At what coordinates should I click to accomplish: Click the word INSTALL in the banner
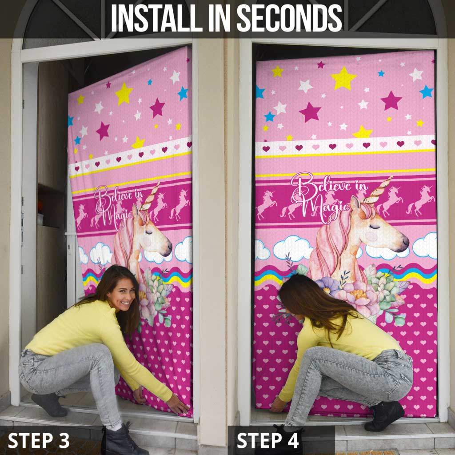pyautogui.click(x=157, y=18)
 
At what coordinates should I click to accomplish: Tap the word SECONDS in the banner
pyautogui.click(x=289, y=18)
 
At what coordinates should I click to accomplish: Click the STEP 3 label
pyautogui.click(x=39, y=440)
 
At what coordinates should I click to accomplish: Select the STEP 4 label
pyautogui.click(x=267, y=440)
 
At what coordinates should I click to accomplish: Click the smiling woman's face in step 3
pyautogui.click(x=124, y=294)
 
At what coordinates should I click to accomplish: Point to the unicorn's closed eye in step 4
pyautogui.click(x=375, y=226)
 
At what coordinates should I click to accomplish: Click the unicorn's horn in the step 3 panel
pyautogui.click(x=150, y=196)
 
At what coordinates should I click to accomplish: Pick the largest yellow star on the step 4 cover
pyautogui.click(x=343, y=78)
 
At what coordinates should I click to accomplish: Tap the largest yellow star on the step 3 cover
pyautogui.click(x=124, y=93)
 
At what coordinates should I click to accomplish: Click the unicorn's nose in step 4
pyautogui.click(x=405, y=241)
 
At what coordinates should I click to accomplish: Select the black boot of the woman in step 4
pyautogui.click(x=384, y=415)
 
